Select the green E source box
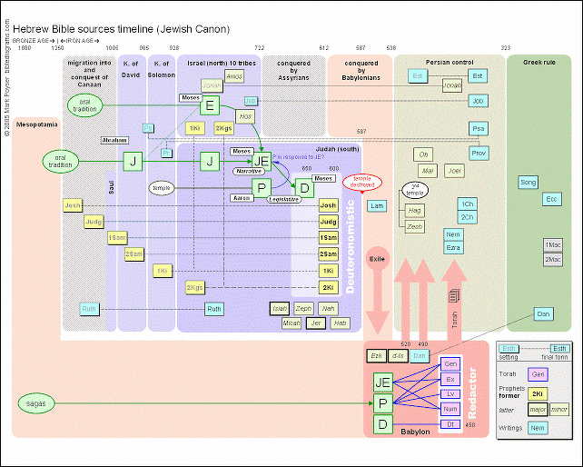[209, 106]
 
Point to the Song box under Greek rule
[528, 183]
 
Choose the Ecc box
[551, 198]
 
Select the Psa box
[479, 128]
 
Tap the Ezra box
[454, 248]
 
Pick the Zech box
[415, 226]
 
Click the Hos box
[245, 116]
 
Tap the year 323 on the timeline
[505, 47]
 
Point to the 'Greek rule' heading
[542, 63]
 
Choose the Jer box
[317, 323]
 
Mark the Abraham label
[114, 141]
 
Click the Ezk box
[376, 355]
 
